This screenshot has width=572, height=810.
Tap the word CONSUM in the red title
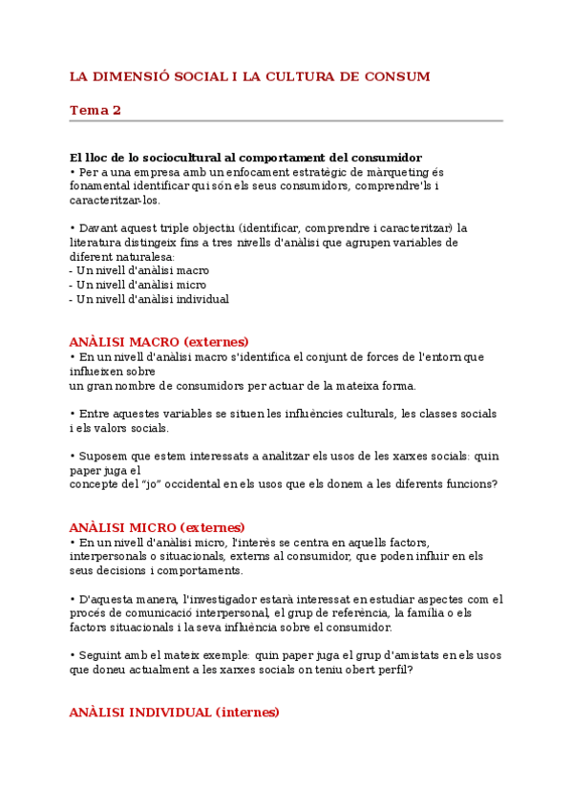coord(397,76)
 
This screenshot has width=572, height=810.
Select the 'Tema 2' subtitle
coord(95,110)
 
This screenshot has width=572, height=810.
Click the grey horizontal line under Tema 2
coord(286,121)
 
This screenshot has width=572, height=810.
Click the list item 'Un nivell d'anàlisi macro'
coord(139,270)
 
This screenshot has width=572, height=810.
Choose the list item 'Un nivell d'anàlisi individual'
coord(150,299)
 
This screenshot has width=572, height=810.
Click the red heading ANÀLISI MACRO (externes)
coord(159,342)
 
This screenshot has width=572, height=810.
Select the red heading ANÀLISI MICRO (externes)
coord(157,527)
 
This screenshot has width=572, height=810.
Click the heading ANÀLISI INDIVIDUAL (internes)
coord(174,713)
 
